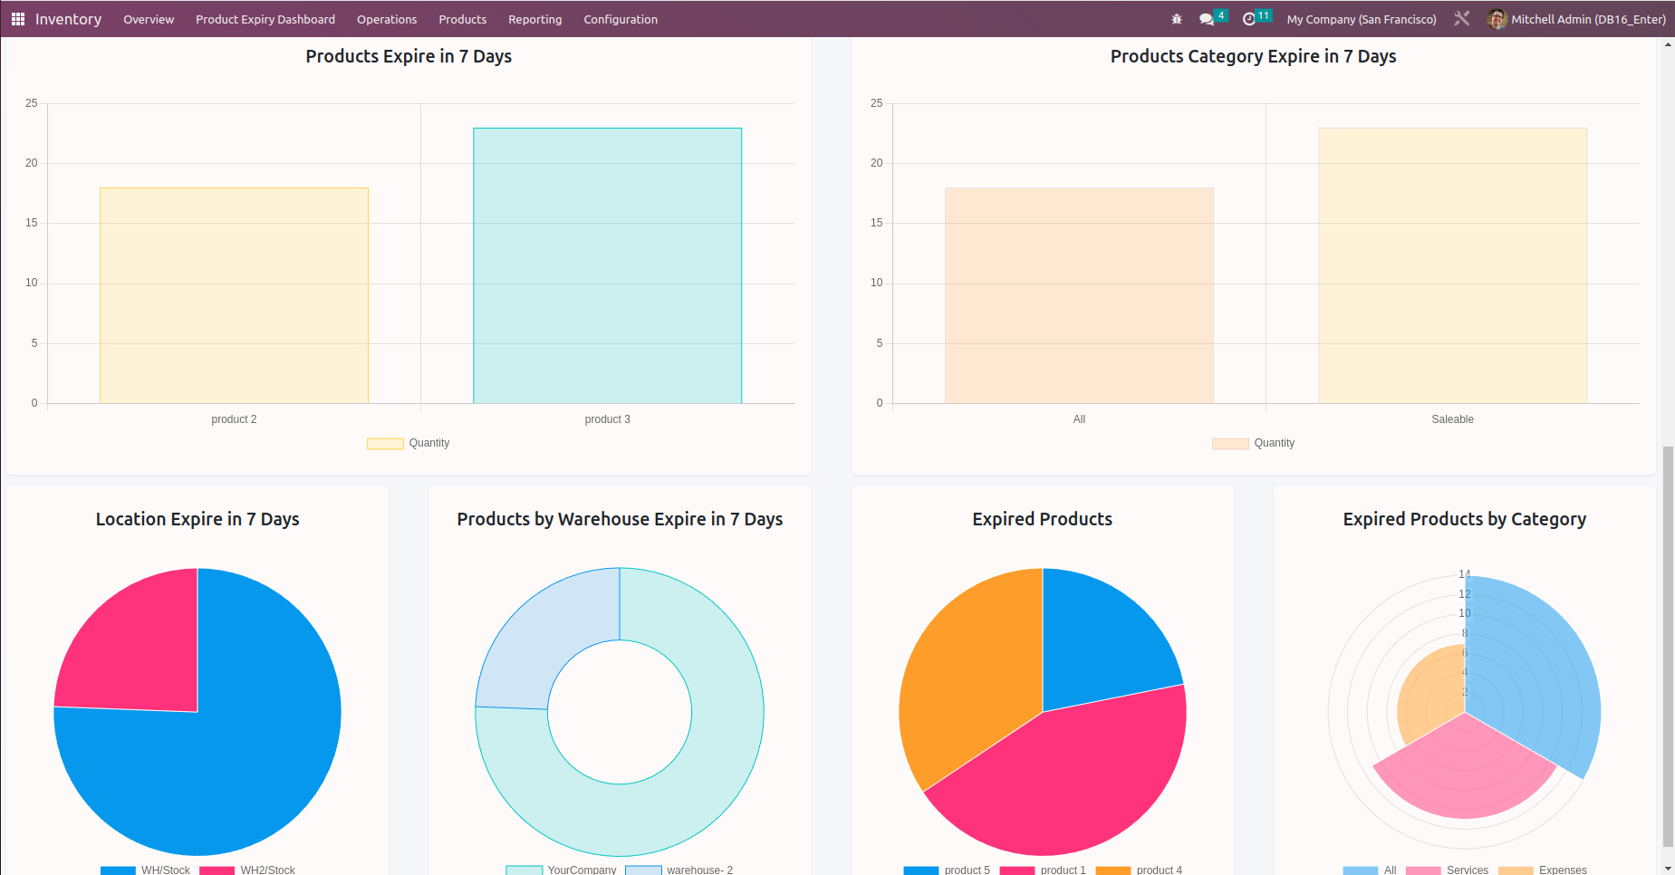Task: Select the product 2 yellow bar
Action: click(234, 295)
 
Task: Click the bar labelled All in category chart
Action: click(1079, 295)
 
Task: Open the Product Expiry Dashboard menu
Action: click(265, 19)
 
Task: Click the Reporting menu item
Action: click(534, 19)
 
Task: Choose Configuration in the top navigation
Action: click(621, 19)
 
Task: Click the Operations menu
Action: click(387, 19)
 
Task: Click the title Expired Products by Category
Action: click(1464, 519)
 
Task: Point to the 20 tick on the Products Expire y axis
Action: click(32, 163)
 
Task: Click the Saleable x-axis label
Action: click(1452, 419)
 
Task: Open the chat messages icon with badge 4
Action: click(1207, 19)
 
